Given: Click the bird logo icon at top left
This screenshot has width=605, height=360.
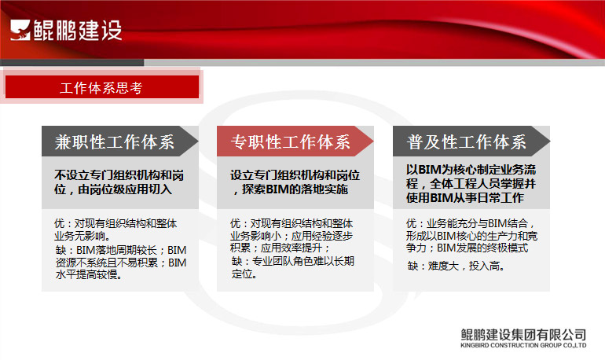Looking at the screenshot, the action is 20,30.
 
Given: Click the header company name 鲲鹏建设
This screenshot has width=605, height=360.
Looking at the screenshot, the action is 78,30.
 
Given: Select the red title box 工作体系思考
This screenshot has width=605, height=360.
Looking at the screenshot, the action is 102,86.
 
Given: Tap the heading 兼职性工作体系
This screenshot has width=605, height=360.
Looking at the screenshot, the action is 115,142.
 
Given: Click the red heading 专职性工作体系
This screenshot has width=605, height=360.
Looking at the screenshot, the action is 291,142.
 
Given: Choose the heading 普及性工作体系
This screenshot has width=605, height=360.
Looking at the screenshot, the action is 467,142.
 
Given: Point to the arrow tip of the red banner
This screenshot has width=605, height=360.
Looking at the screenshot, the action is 373,141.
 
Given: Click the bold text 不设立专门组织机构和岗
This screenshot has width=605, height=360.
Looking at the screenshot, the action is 119,175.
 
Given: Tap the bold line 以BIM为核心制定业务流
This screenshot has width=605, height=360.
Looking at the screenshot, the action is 471,170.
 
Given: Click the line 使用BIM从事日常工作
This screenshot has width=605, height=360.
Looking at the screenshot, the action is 465,198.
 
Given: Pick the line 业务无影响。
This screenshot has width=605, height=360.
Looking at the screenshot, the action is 82,236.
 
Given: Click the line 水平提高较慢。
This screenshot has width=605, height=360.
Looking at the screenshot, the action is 89,275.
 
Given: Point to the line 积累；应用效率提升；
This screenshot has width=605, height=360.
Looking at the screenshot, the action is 280,248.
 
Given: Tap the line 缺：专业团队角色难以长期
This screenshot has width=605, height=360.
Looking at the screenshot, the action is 293,261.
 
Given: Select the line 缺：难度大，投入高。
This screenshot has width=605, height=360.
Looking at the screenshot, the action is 456,266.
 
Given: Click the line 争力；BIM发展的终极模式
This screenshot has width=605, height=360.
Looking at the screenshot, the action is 467,248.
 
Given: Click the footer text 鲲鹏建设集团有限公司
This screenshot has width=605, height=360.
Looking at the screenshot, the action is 523,335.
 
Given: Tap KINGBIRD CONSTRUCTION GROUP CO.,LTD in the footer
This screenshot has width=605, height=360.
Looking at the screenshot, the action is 523,345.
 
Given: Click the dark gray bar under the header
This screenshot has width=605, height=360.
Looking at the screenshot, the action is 72,63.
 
